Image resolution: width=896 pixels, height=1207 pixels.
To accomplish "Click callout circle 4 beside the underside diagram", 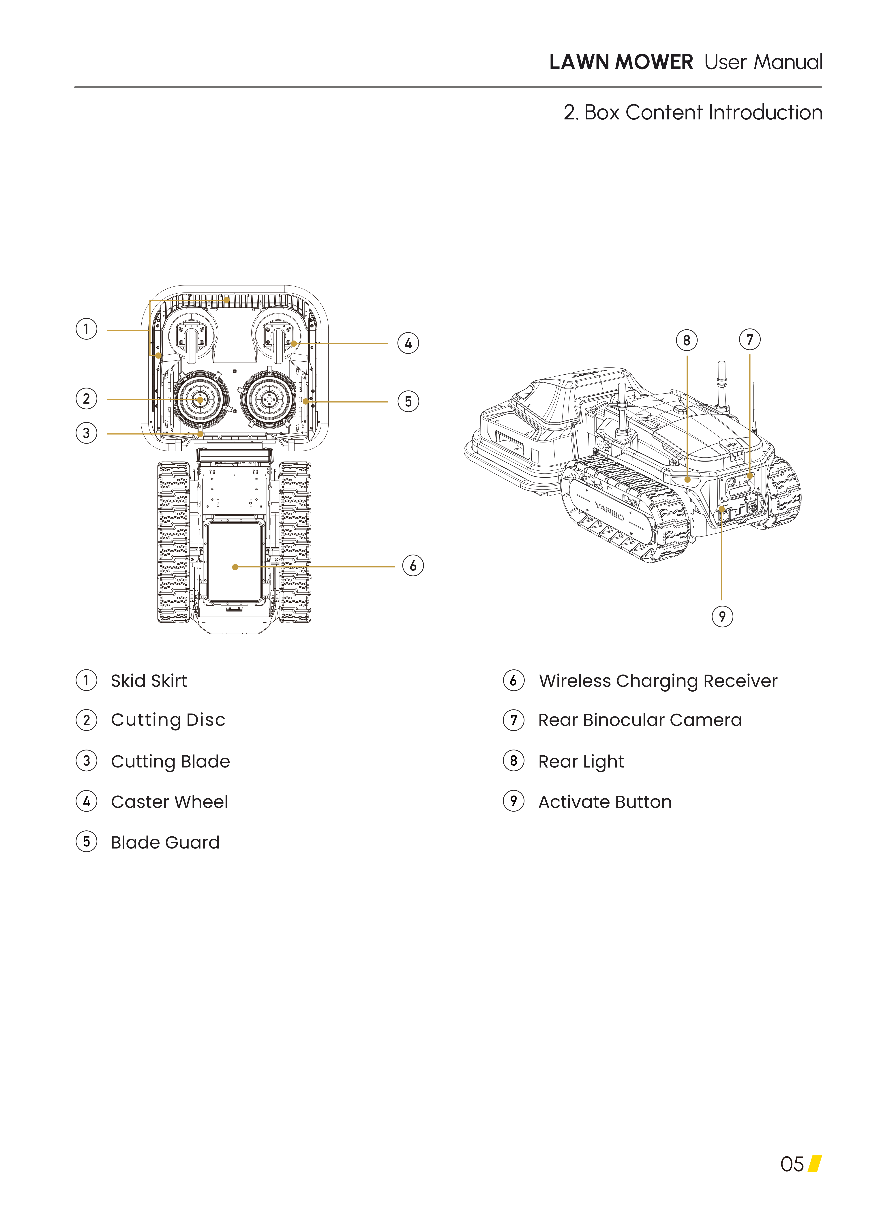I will tap(408, 343).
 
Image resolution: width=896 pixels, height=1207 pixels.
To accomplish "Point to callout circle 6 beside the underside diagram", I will tap(413, 566).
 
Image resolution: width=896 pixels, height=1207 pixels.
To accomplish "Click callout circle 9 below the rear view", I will tap(722, 617).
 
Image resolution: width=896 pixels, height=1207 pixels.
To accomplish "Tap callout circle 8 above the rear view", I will tap(687, 341).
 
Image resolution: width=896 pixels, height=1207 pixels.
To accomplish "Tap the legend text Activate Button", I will tap(605, 802).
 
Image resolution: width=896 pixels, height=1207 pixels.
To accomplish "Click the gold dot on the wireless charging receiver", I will tap(235, 567).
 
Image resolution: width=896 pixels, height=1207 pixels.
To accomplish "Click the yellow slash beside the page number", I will tap(815, 1164).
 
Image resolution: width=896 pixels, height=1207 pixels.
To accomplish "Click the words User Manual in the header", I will tap(763, 62).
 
